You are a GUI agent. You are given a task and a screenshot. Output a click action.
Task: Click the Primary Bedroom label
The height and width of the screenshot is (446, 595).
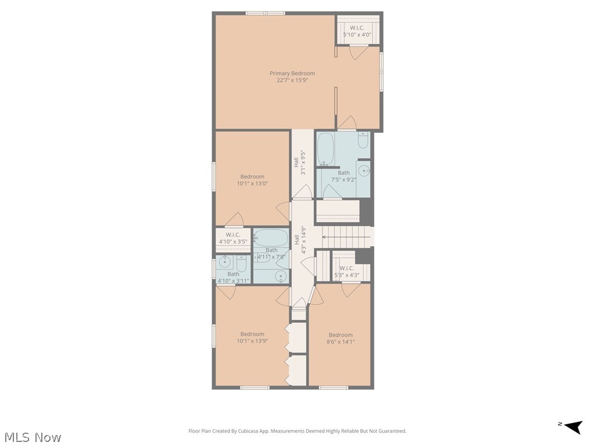292,77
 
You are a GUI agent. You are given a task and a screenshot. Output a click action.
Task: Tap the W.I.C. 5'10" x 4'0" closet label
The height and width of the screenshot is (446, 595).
357,31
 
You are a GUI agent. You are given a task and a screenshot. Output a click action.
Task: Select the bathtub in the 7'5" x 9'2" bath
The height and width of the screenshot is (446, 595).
325,149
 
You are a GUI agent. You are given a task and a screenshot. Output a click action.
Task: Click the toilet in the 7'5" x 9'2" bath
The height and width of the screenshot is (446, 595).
363,141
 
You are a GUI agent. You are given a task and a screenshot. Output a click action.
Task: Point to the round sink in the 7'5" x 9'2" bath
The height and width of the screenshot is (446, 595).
364,171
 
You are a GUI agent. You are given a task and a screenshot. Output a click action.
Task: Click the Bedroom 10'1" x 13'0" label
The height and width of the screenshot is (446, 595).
252,180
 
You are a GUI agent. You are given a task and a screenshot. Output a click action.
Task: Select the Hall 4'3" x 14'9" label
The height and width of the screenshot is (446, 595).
300,243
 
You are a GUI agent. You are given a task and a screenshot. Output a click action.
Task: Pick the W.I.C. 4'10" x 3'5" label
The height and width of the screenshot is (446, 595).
233,238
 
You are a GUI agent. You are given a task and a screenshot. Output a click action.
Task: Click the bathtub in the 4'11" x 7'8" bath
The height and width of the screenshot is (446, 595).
271,238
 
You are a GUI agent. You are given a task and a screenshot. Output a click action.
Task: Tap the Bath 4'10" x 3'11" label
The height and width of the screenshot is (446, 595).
233,278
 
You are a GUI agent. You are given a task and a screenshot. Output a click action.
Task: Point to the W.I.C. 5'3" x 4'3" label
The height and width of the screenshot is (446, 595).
347,272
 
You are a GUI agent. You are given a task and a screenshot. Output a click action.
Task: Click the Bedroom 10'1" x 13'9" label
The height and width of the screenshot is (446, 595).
252,337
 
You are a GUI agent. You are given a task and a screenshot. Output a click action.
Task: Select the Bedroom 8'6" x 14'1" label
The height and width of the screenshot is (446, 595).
340,339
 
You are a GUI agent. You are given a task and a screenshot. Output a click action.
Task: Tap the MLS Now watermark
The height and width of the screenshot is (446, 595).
33,437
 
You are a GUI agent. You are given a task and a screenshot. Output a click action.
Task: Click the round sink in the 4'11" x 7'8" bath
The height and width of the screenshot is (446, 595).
281,276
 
